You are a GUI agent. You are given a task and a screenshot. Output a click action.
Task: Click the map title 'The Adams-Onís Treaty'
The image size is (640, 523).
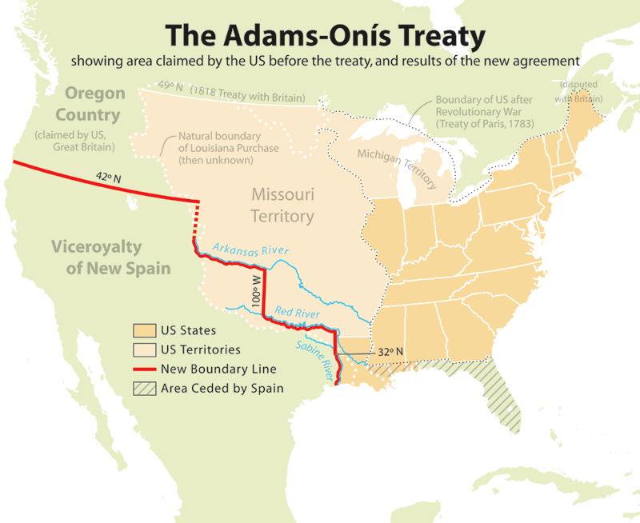(325, 36)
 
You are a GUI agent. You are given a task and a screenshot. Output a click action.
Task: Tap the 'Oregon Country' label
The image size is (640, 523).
(95, 103)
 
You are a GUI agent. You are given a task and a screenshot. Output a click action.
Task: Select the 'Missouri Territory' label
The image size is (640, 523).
(282, 205)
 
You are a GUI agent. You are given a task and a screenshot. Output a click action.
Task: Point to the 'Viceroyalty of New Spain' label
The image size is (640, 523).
(118, 257)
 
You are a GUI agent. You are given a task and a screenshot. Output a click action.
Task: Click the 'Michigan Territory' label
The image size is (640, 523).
(398, 167)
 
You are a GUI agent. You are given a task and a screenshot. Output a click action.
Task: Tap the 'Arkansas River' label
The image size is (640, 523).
(251, 245)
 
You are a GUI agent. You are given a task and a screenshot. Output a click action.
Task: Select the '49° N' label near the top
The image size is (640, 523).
(170, 85)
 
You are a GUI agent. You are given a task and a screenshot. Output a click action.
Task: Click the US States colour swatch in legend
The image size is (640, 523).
(144, 330)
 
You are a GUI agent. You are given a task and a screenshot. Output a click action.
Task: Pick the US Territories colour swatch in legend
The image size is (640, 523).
(144, 349)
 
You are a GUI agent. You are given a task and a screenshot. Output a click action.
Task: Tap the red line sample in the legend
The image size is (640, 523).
(144, 369)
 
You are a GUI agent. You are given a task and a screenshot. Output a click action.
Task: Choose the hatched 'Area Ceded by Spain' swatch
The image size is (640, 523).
(144, 389)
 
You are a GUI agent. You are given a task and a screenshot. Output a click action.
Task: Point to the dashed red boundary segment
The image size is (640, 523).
(194, 220)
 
